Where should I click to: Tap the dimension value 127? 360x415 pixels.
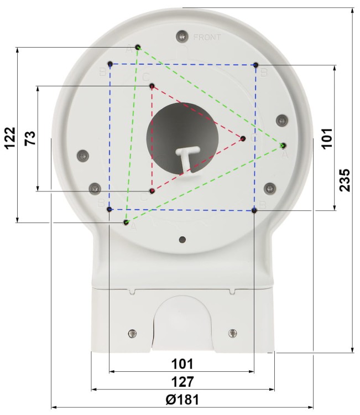click(182, 382)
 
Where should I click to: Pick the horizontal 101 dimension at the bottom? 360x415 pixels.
click(182, 364)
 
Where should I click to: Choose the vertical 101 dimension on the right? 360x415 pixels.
click(327, 137)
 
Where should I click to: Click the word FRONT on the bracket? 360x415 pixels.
click(207, 38)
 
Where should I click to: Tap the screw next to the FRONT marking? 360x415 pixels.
click(181, 37)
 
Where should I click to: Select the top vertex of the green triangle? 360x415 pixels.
click(138, 48)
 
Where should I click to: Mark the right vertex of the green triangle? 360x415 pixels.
click(283, 146)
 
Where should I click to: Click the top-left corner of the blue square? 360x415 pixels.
click(110, 64)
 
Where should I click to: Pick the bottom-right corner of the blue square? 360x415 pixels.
click(254, 210)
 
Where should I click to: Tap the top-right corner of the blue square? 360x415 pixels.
click(255, 65)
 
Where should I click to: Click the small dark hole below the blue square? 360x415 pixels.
click(182, 240)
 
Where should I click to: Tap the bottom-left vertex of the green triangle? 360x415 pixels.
click(126, 222)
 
